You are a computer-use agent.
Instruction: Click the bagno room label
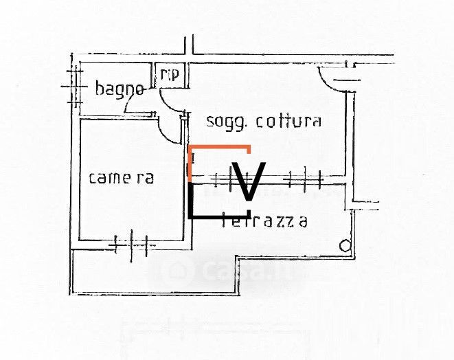pyautogui.click(x=120, y=89)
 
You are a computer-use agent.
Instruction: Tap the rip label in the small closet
pyautogui.click(x=169, y=74)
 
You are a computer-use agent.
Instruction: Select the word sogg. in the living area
pyautogui.click(x=227, y=122)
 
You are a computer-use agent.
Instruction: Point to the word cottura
pyautogui.click(x=288, y=122)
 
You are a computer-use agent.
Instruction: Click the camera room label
pyautogui.click(x=122, y=177)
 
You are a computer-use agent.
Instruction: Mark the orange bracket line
pyautogui.click(x=218, y=147)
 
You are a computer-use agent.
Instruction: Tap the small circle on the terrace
pyautogui.click(x=345, y=245)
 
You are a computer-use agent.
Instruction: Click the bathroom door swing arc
pyautogui.click(x=134, y=103)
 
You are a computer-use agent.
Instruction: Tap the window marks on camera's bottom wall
pyautogui.click(x=131, y=243)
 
